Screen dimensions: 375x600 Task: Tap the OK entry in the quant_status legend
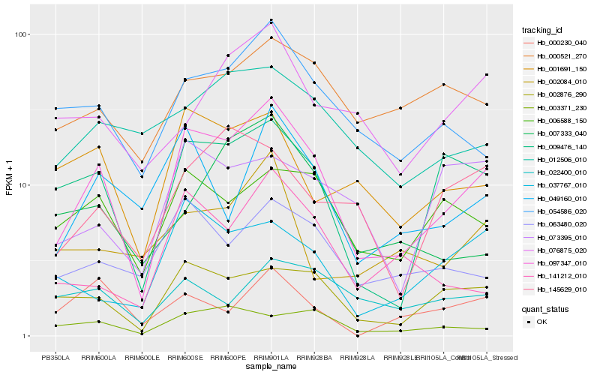coord(547,322)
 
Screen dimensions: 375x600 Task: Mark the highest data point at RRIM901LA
coord(271,20)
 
